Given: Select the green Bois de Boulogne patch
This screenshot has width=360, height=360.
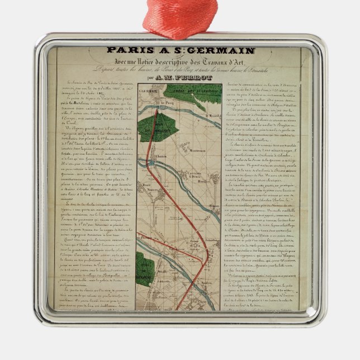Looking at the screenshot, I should click(x=144, y=269).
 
